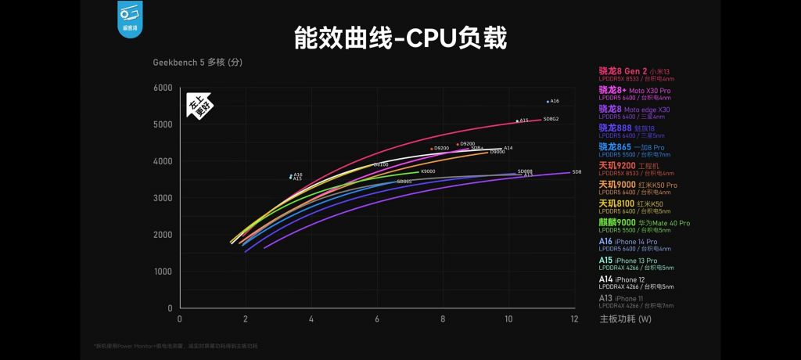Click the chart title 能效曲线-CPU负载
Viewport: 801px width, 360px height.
pos(400,38)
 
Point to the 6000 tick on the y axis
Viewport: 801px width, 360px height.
pos(163,88)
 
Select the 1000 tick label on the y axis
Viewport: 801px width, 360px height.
pos(163,272)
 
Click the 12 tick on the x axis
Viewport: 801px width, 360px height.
pos(575,319)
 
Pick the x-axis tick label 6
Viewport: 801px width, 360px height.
pos(377,319)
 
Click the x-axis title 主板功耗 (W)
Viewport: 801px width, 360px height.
pos(625,319)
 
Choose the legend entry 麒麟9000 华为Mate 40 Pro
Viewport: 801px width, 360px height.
pos(645,223)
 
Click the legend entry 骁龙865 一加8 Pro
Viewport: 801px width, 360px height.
pos(631,147)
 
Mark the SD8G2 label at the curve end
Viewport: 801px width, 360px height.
pos(551,119)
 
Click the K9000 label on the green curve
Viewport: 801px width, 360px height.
pos(428,171)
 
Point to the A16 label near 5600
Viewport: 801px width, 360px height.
pos(555,101)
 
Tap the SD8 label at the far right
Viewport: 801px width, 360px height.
pos(577,171)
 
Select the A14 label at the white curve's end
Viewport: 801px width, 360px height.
pos(508,148)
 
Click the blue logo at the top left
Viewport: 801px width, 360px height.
pos(129,16)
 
